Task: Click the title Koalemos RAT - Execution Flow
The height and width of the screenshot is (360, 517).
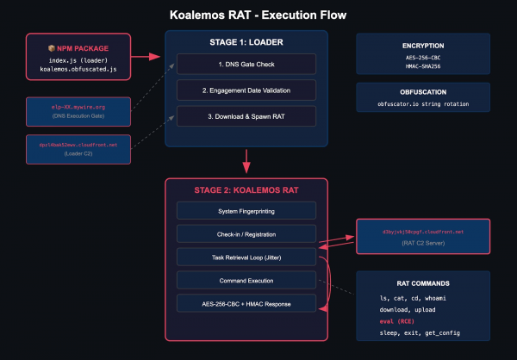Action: tap(258, 14)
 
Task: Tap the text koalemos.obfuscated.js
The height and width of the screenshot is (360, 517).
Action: tap(78, 68)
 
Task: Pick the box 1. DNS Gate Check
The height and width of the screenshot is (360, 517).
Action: tap(246, 64)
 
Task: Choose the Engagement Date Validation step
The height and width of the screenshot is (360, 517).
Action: tap(246, 90)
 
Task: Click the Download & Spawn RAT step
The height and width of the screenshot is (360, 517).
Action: tap(246, 115)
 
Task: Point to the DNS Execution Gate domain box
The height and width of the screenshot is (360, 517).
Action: tap(78, 110)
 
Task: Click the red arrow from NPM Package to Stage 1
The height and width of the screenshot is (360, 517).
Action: tap(147, 57)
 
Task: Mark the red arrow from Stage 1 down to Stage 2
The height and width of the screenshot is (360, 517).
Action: tap(246, 160)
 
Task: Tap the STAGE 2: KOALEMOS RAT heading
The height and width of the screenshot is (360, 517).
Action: tap(246, 190)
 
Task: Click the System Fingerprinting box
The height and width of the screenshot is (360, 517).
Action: tap(246, 210)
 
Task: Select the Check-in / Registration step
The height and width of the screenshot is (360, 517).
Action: tap(246, 233)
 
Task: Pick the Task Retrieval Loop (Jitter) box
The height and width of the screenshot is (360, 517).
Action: tap(246, 257)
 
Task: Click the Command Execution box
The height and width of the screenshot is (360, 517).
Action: tap(246, 280)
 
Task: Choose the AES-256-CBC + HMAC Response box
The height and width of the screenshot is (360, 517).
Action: tap(246, 303)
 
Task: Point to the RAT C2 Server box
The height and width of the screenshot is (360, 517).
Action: tap(422, 237)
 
